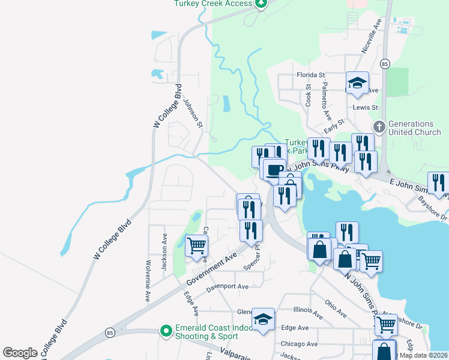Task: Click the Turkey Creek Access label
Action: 213,4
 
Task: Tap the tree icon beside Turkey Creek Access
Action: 261,4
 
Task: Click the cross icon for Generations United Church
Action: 379,127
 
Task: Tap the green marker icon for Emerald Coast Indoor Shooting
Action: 166,331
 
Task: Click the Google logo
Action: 20,353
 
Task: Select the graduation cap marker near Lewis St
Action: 357,84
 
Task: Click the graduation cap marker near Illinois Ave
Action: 264,320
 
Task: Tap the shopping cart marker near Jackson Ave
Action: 197,246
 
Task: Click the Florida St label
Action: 310,75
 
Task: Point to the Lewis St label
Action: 366,107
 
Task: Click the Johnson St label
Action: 194,112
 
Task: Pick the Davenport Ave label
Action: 228,286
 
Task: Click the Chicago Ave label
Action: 300,344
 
